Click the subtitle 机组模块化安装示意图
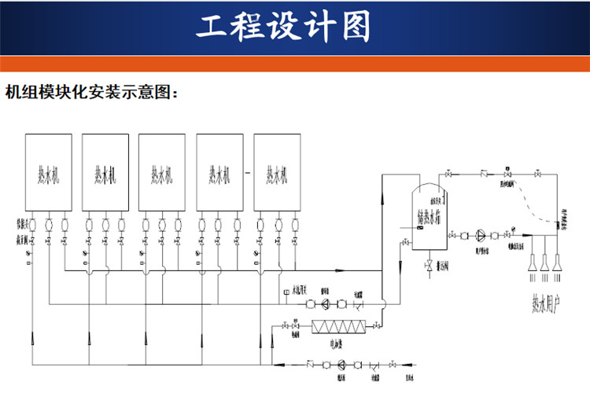[x=92, y=92]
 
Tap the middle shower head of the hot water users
[x=544, y=262]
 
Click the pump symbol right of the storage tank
[x=480, y=234]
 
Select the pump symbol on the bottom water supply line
[x=341, y=364]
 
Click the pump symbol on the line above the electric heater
[x=326, y=304]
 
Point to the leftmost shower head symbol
[x=531, y=262]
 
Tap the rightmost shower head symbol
[x=558, y=262]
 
